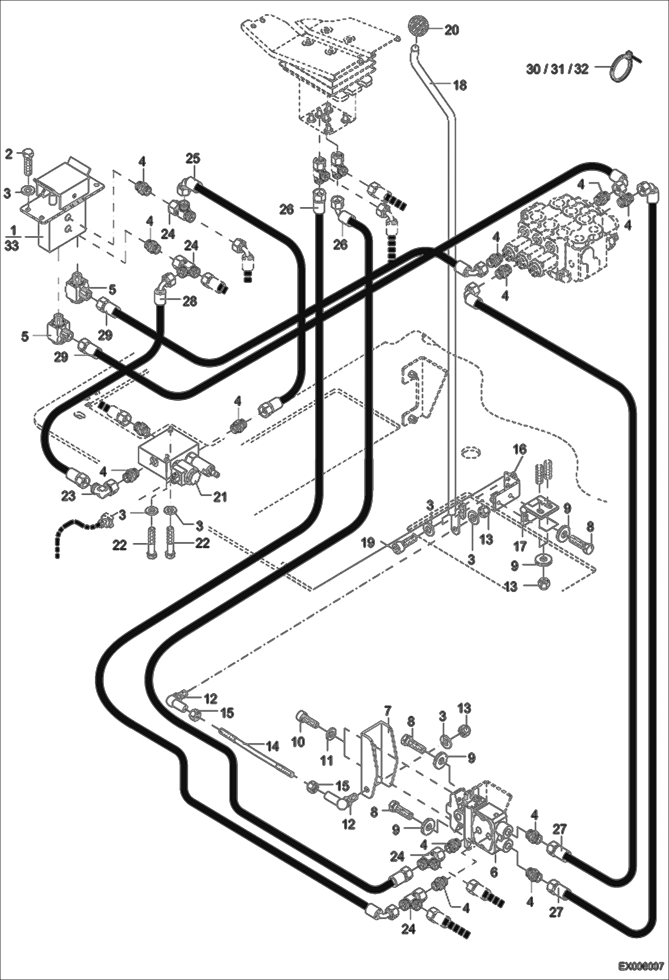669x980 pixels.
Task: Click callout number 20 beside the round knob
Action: (452, 30)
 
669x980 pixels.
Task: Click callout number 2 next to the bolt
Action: (8, 154)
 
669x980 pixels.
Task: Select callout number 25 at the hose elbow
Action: (193, 159)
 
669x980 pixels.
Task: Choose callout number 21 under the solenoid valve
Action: (220, 496)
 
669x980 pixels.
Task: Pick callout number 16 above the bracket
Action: (521, 449)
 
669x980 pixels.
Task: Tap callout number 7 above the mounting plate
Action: (387, 710)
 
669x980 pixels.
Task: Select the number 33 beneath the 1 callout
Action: (12, 245)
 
